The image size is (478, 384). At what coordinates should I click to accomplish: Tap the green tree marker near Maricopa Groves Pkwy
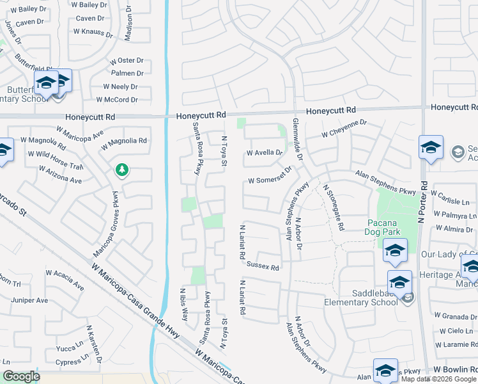(121, 170)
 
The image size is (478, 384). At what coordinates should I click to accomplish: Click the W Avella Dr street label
(264, 153)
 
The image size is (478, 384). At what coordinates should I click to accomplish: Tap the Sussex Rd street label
(263, 266)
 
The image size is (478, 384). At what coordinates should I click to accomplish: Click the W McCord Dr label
(117, 100)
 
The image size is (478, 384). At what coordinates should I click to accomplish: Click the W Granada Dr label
(456, 317)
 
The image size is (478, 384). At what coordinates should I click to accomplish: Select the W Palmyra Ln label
(455, 215)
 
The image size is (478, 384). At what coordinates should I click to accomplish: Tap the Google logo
(21, 376)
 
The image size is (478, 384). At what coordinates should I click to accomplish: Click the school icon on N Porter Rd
(431, 147)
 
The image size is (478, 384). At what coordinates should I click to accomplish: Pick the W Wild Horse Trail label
(56, 157)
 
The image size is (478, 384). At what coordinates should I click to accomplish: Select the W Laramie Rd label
(456, 344)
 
